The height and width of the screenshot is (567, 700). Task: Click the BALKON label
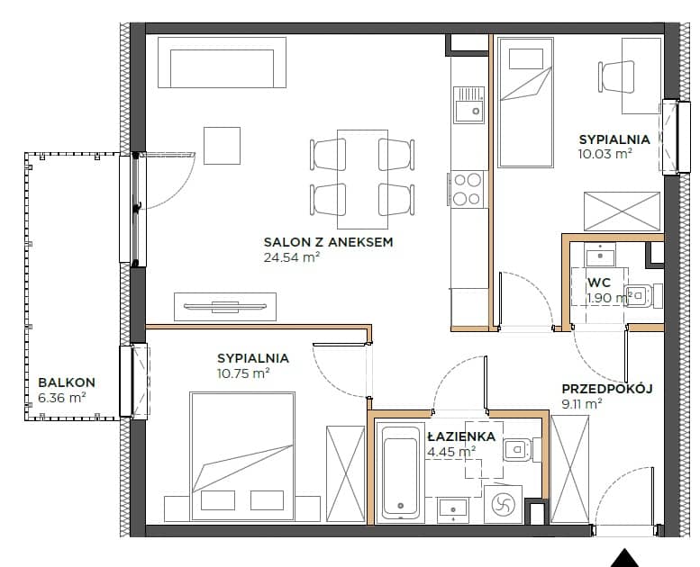click(67, 382)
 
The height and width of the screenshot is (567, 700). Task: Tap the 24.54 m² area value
click(292, 257)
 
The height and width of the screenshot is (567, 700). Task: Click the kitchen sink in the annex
click(468, 104)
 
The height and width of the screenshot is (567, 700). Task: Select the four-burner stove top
click(467, 189)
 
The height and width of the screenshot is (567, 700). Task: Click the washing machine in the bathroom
click(503, 505)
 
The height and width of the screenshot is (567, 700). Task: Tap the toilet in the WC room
click(644, 296)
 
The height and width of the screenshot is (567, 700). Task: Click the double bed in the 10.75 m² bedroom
click(242, 456)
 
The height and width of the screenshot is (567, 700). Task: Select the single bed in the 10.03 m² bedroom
click(525, 103)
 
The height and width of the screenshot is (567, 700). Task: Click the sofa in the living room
click(222, 62)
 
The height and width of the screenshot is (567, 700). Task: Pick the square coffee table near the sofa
click(222, 146)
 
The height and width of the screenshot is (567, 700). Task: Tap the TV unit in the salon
click(225, 307)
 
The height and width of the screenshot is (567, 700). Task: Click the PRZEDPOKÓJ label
click(607, 389)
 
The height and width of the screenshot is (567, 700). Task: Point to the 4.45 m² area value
click(451, 452)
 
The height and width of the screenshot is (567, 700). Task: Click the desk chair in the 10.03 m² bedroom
click(616, 76)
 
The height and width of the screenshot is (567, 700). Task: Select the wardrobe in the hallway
click(570, 469)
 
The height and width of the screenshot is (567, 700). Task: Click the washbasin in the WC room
click(600, 255)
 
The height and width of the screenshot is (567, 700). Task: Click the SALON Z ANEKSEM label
click(328, 242)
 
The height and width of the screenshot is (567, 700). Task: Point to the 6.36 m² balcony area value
click(62, 398)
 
